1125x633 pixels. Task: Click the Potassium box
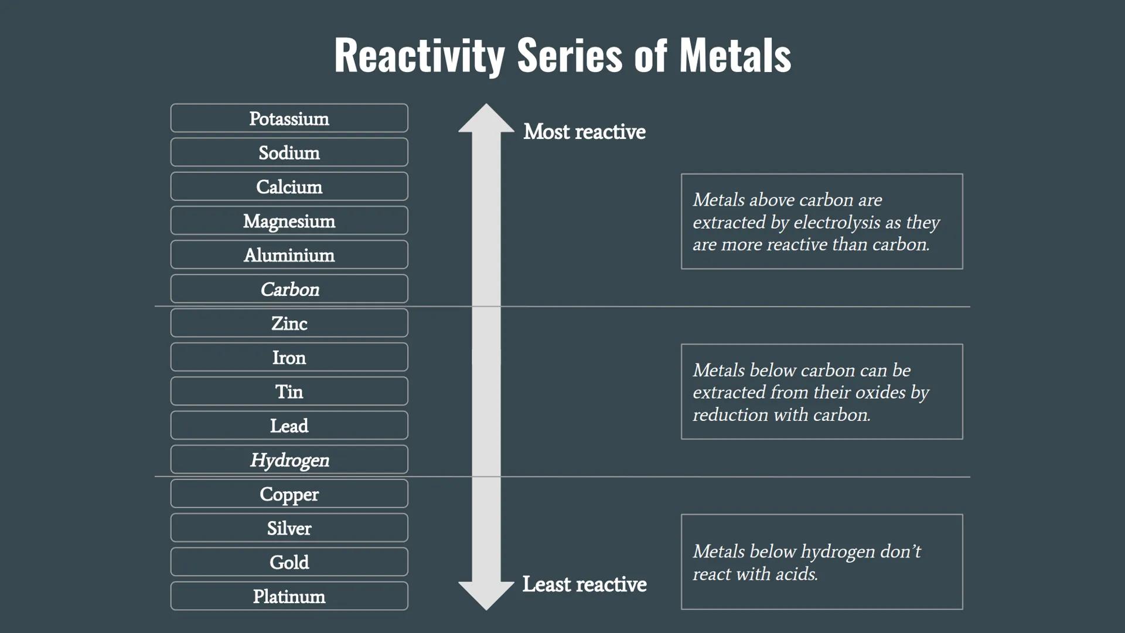(289, 118)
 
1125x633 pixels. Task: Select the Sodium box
(289, 152)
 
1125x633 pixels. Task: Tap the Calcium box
(289, 186)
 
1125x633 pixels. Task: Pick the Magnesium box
(289, 221)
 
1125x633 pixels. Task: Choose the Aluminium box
(289, 255)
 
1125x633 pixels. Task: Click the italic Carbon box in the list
(289, 289)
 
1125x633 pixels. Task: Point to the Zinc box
(289, 323)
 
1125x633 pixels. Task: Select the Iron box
(289, 358)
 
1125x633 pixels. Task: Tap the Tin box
(289, 392)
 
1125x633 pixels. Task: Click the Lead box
(289, 426)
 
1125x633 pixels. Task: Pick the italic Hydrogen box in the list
(289, 460)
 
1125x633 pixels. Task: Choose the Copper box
(289, 494)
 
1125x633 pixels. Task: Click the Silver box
(289, 528)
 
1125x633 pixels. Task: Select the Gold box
(289, 562)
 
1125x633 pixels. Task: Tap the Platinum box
(289, 596)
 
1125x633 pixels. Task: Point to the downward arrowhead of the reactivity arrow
(486, 595)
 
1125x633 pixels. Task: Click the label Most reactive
(584, 132)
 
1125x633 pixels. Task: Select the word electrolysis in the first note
(837, 223)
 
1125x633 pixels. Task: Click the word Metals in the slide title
(735, 56)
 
